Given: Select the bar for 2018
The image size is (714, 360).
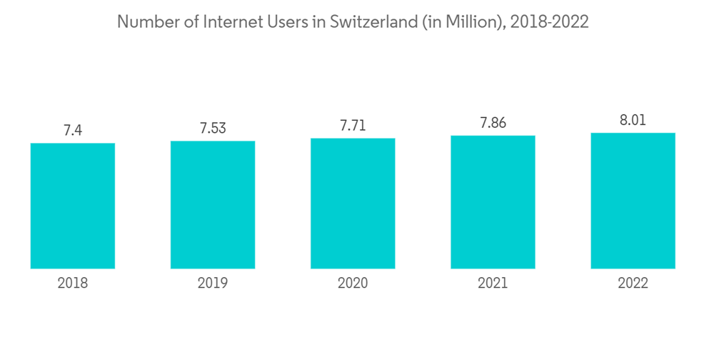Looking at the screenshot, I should pos(73,206).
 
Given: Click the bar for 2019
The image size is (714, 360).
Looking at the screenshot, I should pos(213,205).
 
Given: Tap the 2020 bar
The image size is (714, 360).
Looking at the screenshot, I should pos(353,204).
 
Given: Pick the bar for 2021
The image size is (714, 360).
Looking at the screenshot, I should pos(493,202).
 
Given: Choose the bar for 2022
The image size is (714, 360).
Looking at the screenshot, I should pos(633,201).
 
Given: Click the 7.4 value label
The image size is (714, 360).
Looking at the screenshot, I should pos(73,130).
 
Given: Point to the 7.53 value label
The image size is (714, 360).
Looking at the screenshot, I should pos(213,128).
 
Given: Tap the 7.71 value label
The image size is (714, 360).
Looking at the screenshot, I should pos(353,126).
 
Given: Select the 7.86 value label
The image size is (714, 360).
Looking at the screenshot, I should pos(493,123).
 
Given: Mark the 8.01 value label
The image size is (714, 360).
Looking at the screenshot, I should pos(633,120).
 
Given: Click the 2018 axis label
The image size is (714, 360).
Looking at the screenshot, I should pos(73,284).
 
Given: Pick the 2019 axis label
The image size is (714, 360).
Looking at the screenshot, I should pos(213,284).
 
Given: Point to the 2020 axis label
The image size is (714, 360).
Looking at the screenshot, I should pos(353,284).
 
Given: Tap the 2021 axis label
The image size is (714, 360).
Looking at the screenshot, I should pos(493,284).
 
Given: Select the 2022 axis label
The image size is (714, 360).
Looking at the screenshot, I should pos(633,284).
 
